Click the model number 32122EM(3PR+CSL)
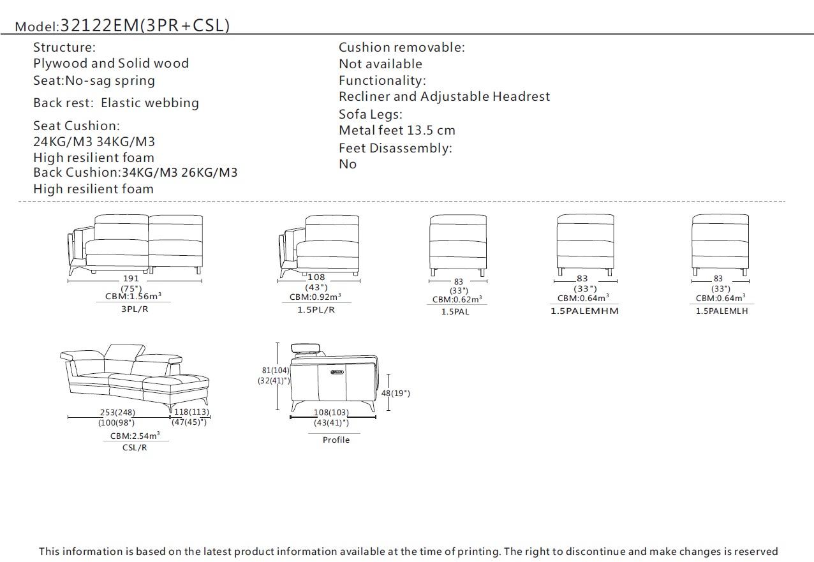click(x=145, y=26)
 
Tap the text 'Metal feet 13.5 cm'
click(x=397, y=131)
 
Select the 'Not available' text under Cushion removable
click(x=380, y=64)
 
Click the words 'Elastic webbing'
click(x=150, y=103)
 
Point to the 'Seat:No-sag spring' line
click(x=94, y=80)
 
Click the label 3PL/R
click(x=134, y=309)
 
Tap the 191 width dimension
click(x=131, y=278)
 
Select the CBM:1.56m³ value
click(x=133, y=296)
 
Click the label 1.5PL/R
click(x=316, y=309)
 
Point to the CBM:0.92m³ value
click(x=315, y=297)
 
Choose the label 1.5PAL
click(x=455, y=311)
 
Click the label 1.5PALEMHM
click(x=584, y=311)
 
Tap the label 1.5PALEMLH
click(x=722, y=311)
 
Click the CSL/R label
click(x=135, y=447)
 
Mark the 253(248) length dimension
click(x=117, y=413)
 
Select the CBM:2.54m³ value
click(x=135, y=436)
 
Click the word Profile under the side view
click(x=336, y=440)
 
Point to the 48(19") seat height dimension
click(x=396, y=393)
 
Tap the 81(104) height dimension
click(x=276, y=370)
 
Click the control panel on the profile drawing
click(x=337, y=371)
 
